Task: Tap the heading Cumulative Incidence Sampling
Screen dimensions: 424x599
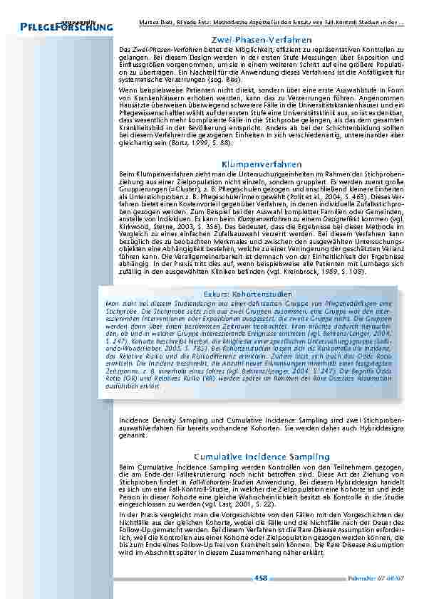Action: (262, 456)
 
